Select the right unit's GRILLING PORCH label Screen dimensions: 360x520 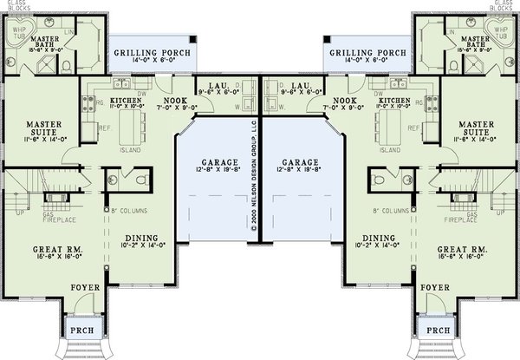tap(367, 52)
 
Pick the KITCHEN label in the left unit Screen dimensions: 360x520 tap(127, 101)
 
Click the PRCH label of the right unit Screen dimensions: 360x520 tap(438, 330)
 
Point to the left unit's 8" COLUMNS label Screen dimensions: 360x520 tap(127, 211)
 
